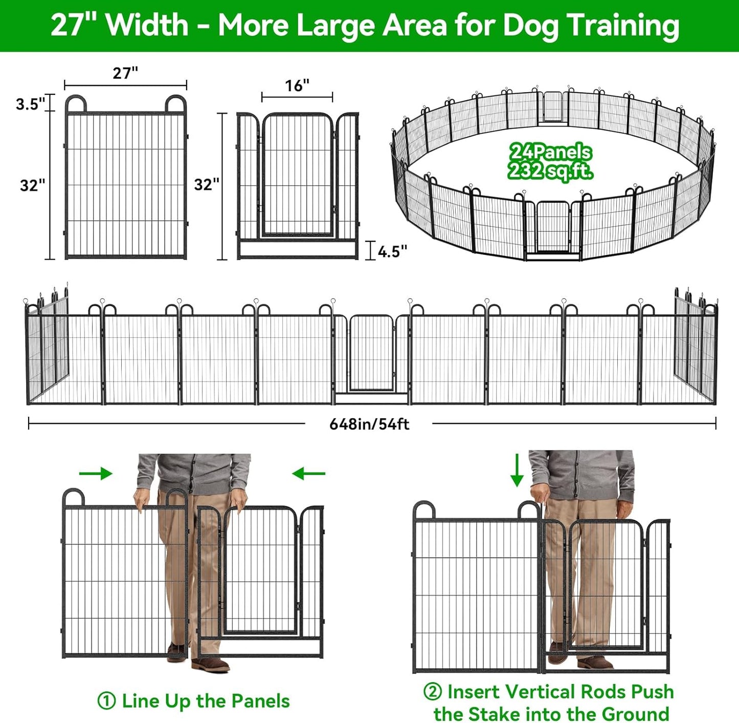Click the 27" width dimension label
click(x=125, y=73)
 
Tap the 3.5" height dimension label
click(x=31, y=104)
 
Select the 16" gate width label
click(x=297, y=86)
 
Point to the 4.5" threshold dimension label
click(x=392, y=251)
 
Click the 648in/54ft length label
click(x=369, y=424)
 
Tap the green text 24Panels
click(x=550, y=152)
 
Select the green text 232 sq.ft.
click(x=550, y=171)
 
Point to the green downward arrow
click(x=517, y=470)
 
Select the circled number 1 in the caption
click(x=106, y=701)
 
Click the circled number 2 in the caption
click(x=432, y=691)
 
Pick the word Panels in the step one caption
click(x=260, y=701)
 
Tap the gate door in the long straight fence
click(x=371, y=353)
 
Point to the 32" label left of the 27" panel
click(x=33, y=185)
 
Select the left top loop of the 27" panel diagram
click(x=76, y=103)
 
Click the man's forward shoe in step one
click(x=211, y=665)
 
